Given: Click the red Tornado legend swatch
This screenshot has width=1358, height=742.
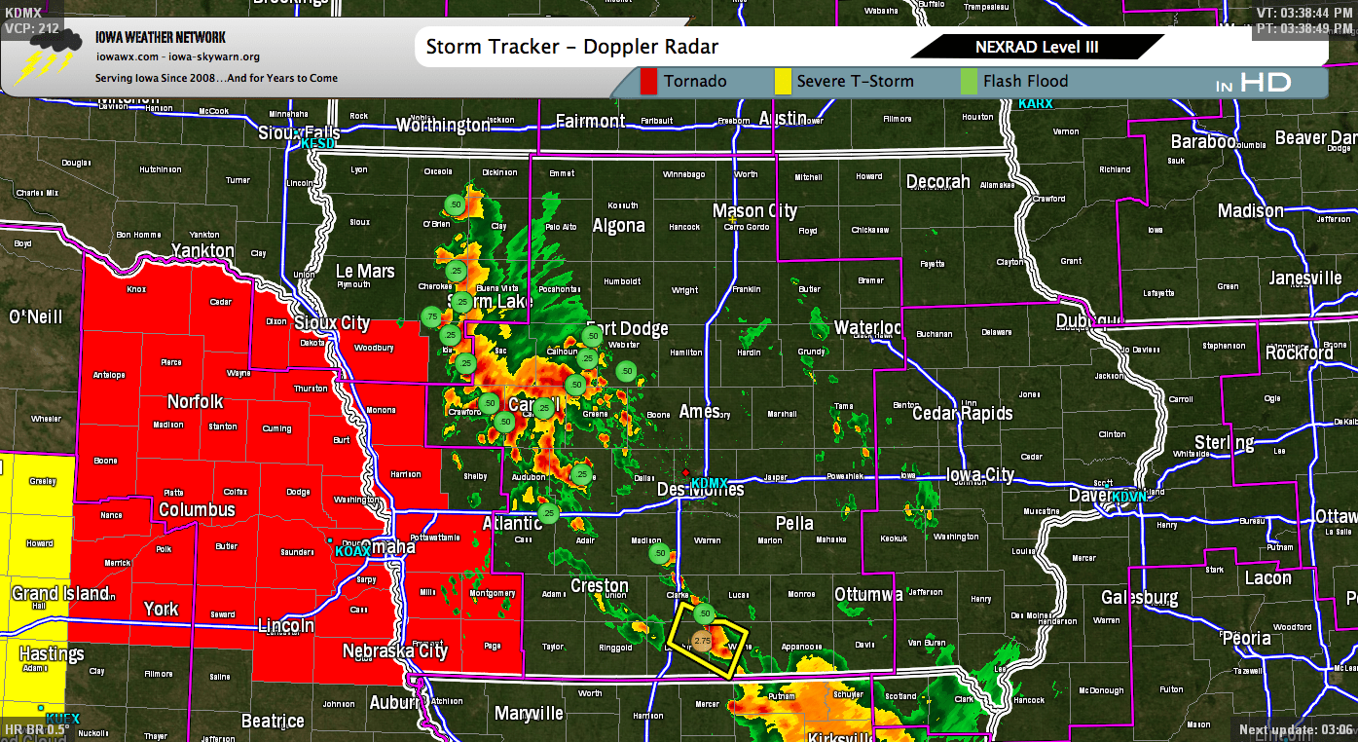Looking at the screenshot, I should pos(649,82).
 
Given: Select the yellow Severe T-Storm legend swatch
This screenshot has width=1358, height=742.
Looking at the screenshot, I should pos(783,82).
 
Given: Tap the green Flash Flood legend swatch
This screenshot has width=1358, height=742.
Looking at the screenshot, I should pos(969,82).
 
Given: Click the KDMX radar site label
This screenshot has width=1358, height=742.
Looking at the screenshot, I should pos(710,482).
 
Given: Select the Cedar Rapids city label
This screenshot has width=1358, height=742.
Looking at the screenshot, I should pos(962,414).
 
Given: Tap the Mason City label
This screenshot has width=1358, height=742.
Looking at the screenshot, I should pos(754,211).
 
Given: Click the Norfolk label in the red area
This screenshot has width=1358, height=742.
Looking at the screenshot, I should pos(195,402).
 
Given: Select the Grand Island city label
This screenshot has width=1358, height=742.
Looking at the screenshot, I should pos(60,593).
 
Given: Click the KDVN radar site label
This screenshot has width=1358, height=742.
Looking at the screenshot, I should pos(1129,497).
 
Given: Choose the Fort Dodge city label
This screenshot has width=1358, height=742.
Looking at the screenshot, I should pos(627,329).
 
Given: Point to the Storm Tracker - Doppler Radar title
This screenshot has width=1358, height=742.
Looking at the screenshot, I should pos(572,47).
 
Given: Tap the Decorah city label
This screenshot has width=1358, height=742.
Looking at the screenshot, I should pos(938,182).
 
